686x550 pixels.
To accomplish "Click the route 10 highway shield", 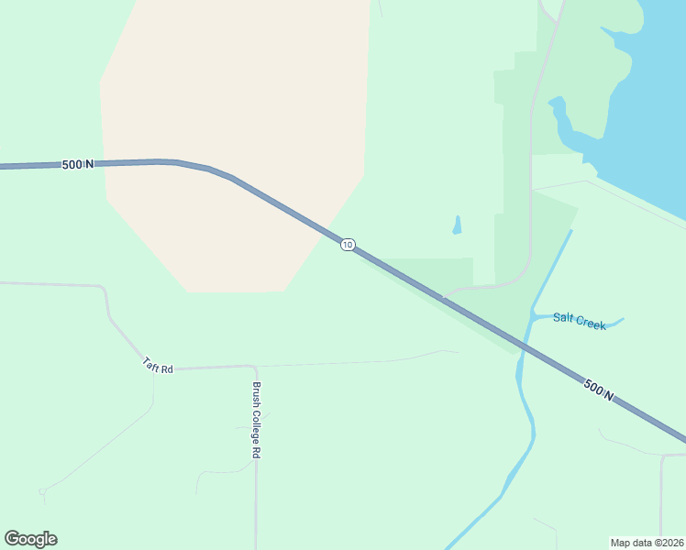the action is coord(347,245).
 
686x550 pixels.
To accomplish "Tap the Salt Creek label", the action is coord(579,322).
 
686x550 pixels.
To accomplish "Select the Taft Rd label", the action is coord(158,365).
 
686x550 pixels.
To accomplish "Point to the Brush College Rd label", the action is coord(258,420).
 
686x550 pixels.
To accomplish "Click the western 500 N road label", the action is coord(78,164).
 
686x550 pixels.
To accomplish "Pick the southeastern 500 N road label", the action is coord(598,389).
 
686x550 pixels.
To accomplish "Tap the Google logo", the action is coord(30,539).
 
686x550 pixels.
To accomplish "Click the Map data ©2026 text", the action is coord(647,542).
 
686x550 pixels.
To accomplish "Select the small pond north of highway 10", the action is coord(457,225).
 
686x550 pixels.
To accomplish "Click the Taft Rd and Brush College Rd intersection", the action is coord(254,367).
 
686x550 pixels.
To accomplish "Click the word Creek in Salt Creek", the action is coord(591,324).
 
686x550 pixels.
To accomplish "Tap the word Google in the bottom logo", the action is coord(30,539).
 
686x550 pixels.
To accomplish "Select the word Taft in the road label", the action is coord(151,362).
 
